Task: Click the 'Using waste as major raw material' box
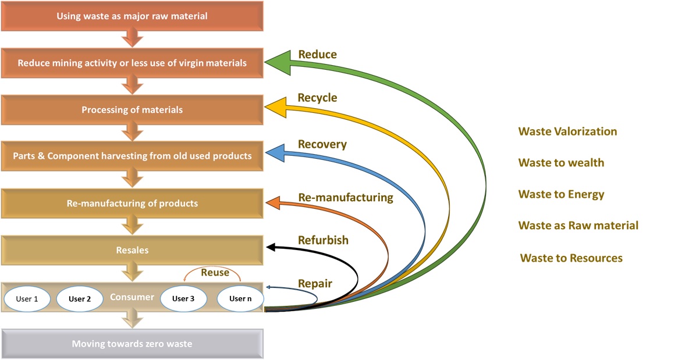pos(132,16)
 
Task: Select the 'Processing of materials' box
pos(132,110)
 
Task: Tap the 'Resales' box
pos(132,250)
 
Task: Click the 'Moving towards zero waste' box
pos(132,344)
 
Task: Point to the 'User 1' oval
pos(27,299)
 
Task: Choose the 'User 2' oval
pos(80,299)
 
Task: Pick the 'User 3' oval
pos(183,298)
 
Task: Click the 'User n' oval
pos(240,298)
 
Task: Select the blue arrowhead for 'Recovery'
pos(275,154)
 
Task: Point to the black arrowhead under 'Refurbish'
pos(271,247)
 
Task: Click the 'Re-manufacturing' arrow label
pos(346,198)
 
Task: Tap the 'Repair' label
pos(315,284)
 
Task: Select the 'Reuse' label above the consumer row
pos(215,273)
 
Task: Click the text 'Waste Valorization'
pos(568,131)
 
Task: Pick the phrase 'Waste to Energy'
pos(561,194)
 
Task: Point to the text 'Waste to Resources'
pos(571,258)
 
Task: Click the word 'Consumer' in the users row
pos(132,297)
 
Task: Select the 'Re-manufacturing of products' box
pos(132,204)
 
